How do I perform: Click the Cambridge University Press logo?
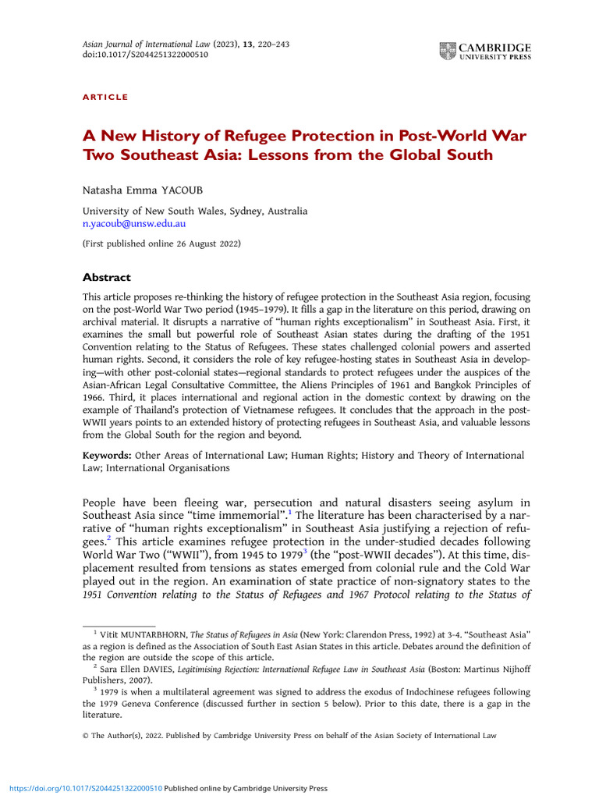pyautogui.click(x=485, y=52)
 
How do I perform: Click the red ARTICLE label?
pyautogui.click(x=105, y=97)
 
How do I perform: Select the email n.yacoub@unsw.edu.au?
pyautogui.click(x=134, y=223)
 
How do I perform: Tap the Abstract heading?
pyautogui.click(x=107, y=277)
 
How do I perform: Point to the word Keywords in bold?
pyautogui.click(x=108, y=455)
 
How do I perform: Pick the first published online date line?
pyautogui.click(x=162, y=243)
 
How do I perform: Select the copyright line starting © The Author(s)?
pyautogui.click(x=289, y=735)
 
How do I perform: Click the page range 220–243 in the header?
pyautogui.click(x=269, y=44)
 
